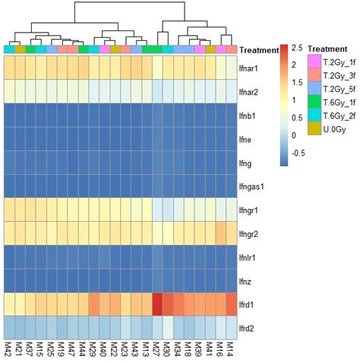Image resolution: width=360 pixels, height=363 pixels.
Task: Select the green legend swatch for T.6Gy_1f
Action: (x=313, y=102)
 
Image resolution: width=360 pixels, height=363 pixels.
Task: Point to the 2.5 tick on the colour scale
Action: (x=297, y=48)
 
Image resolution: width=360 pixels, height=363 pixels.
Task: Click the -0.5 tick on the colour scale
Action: (x=299, y=152)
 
